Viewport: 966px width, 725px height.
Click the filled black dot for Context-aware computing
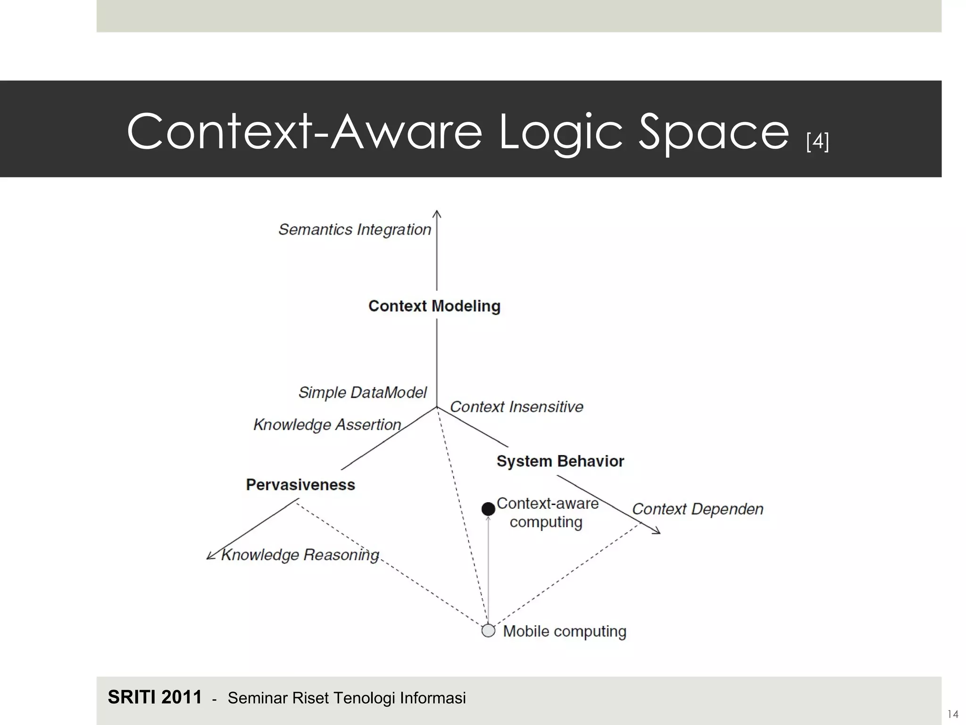tap(488, 509)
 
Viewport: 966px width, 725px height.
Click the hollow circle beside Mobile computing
tap(488, 631)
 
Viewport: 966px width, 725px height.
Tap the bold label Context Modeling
tap(434, 306)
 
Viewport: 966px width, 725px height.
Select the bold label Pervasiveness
tap(300, 485)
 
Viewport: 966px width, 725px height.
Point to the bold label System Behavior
tap(560, 461)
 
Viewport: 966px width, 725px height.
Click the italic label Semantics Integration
tap(355, 229)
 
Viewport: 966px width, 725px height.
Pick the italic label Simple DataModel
tap(362, 392)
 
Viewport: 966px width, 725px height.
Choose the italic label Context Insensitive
tap(516, 407)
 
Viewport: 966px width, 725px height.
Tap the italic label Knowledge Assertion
tap(327, 425)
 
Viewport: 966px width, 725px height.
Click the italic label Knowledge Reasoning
tap(300, 555)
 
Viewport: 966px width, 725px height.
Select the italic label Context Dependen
tap(697, 509)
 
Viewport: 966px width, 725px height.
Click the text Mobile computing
tap(565, 631)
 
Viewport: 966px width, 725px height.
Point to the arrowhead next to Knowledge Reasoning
tap(211, 556)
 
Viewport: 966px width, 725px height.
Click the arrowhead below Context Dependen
tap(657, 531)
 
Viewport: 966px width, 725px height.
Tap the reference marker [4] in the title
tap(817, 141)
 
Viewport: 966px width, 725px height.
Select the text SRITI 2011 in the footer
tap(155, 697)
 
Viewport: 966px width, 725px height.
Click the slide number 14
tap(953, 714)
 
